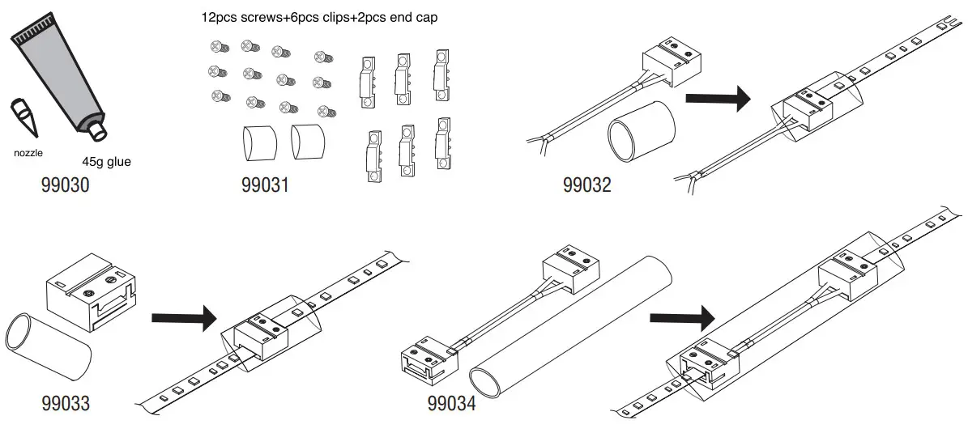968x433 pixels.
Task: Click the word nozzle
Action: [28, 151]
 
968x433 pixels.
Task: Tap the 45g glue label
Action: [106, 162]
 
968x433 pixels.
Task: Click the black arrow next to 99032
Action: [718, 100]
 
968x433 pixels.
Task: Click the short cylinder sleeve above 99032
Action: [642, 130]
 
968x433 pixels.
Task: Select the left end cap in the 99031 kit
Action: [259, 142]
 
